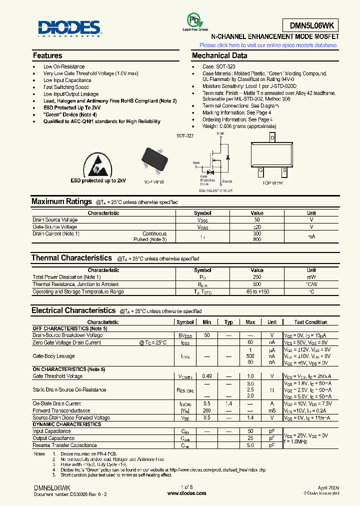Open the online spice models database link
(x=268, y=45)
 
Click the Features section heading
(x=47, y=55)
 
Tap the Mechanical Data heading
(x=219, y=55)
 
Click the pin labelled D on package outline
(x=272, y=137)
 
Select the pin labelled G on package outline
(x=260, y=170)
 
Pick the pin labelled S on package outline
(x=284, y=170)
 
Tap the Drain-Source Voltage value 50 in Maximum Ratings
(x=257, y=220)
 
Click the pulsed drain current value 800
(x=257, y=240)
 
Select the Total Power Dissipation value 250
(x=257, y=277)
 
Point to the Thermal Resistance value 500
(x=257, y=284)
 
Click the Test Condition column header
(x=310, y=322)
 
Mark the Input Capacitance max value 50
(x=250, y=431)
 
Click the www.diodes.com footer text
(x=186, y=492)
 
